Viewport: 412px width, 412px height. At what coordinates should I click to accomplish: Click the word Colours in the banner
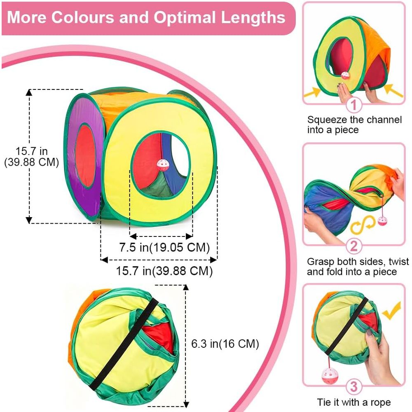click(x=83, y=17)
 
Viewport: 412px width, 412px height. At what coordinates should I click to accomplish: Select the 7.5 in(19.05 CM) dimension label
click(x=164, y=248)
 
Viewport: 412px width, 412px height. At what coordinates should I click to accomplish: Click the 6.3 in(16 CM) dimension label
click(x=225, y=344)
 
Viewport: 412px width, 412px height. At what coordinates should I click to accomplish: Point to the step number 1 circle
click(x=353, y=105)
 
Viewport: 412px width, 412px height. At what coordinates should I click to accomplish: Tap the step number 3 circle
click(x=353, y=386)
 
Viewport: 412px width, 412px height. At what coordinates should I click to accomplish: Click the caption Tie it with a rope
click(x=353, y=402)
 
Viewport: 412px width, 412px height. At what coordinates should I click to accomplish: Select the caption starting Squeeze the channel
click(x=354, y=124)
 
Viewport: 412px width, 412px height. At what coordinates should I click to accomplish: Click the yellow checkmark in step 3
click(x=391, y=310)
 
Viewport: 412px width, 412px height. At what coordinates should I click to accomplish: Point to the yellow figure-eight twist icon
click(x=363, y=225)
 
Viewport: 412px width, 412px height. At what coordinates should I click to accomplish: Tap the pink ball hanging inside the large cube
click(x=163, y=165)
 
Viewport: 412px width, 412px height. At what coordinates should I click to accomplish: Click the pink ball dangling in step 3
click(x=330, y=376)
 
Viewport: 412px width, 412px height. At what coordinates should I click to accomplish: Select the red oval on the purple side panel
click(x=85, y=156)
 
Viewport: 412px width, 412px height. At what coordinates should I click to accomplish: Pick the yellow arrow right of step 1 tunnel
click(x=393, y=90)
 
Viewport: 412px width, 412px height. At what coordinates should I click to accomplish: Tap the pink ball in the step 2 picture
click(x=383, y=221)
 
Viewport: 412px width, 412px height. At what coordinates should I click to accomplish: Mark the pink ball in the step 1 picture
click(x=345, y=76)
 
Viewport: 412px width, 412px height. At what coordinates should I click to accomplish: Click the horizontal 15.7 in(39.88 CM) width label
click(x=164, y=271)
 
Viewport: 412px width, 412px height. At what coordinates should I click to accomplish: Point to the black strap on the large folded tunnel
click(x=124, y=344)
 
